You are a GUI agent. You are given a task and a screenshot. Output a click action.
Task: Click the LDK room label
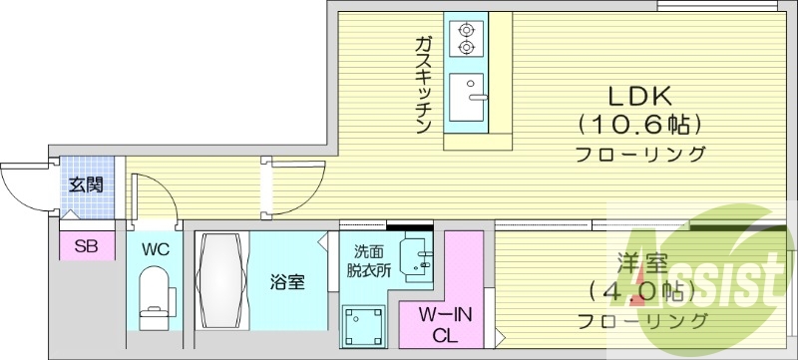point(640,96)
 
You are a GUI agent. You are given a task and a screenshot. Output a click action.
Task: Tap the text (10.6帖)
point(640,126)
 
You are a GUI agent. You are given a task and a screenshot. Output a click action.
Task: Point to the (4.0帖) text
point(640,292)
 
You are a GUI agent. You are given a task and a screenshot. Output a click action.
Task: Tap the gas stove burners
point(466,38)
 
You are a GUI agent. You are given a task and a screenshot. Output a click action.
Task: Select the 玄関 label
point(84,185)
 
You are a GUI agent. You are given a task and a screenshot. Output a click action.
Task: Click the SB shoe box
point(84,246)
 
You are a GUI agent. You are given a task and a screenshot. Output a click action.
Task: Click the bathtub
point(220,279)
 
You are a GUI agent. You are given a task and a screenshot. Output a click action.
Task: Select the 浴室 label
point(287,281)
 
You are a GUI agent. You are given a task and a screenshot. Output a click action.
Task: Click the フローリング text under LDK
point(640,155)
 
